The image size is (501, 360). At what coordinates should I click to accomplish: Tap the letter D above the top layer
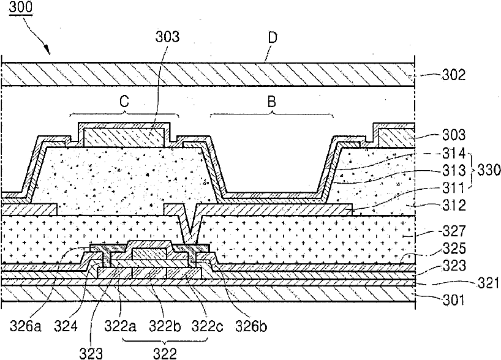tap(273, 37)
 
